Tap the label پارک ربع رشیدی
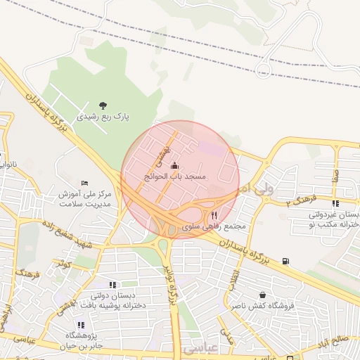pyautogui.click(x=103, y=117)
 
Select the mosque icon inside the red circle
pyautogui.click(x=174, y=165)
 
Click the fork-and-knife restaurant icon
pyautogui.click(x=214, y=216)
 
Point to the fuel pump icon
pyautogui.click(x=285, y=262)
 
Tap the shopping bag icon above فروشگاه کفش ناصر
pyautogui.click(x=263, y=295)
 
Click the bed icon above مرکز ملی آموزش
pyautogui.click(x=85, y=183)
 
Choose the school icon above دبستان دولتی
pyautogui.click(x=113, y=285)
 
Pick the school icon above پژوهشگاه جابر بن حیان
pyautogui.click(x=80, y=325)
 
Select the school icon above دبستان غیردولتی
pyautogui.click(x=335, y=203)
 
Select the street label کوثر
pyautogui.click(x=66, y=264)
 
